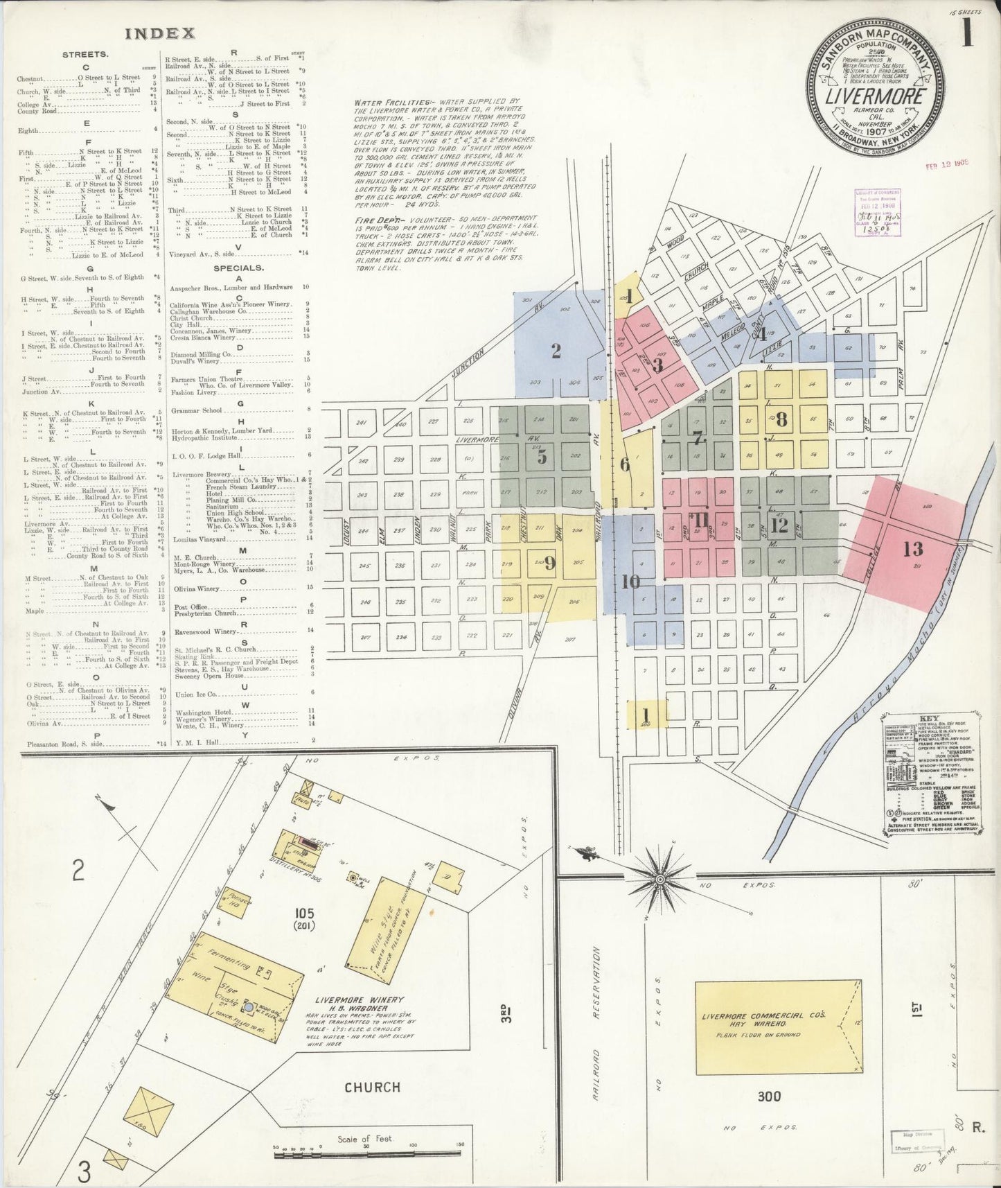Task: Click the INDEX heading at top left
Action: pyautogui.click(x=160, y=33)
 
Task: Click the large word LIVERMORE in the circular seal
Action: pyautogui.click(x=875, y=96)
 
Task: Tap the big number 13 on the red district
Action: pyautogui.click(x=913, y=550)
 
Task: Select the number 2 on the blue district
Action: pyautogui.click(x=556, y=351)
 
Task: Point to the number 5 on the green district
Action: pyautogui.click(x=542, y=457)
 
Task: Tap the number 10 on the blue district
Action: pyautogui.click(x=630, y=581)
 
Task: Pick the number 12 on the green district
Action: pyautogui.click(x=779, y=525)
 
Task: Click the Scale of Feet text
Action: pyautogui.click(x=365, y=1139)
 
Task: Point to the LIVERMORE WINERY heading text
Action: pyautogui.click(x=358, y=999)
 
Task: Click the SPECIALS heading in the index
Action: pyautogui.click(x=238, y=268)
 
